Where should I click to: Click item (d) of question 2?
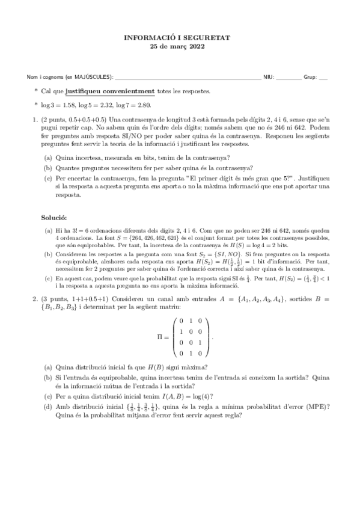click(x=47, y=407)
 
